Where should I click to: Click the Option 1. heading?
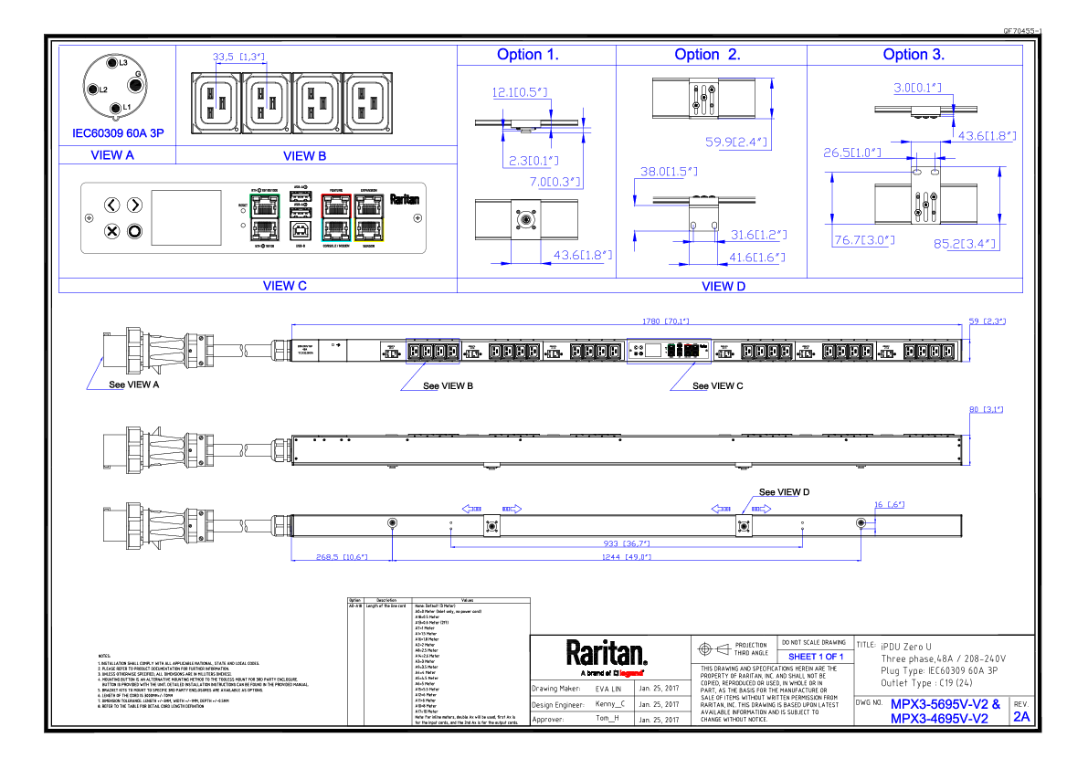528,55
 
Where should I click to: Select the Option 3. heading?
914,55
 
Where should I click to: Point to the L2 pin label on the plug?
104,90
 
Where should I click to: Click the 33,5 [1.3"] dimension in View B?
238,58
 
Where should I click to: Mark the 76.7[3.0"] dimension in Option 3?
863,240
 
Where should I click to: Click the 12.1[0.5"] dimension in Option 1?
520,92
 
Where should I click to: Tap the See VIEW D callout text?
785,492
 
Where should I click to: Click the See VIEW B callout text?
448,386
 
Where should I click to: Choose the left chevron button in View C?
111,205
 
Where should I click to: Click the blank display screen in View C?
185,217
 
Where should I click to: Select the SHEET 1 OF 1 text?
815,657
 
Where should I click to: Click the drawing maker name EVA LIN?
607,689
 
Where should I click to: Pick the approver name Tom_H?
607,720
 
